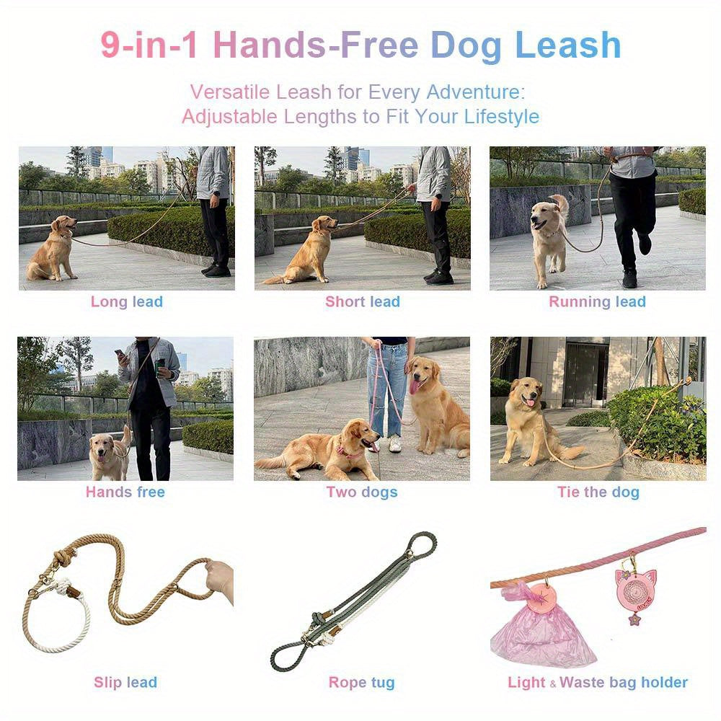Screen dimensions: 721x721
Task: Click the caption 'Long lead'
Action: point(127,302)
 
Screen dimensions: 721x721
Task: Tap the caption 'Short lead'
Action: point(362,302)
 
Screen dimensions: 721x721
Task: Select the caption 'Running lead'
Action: point(597,302)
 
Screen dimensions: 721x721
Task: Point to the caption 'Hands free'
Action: point(125,492)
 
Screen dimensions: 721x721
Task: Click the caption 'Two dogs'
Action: point(362,492)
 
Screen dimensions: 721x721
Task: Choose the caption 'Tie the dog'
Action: point(598,492)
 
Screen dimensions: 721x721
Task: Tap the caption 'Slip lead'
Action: point(125,682)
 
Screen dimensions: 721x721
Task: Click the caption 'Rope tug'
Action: point(362,682)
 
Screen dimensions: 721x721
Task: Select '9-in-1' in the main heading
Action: point(151,45)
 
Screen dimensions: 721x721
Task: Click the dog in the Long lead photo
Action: point(54,249)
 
